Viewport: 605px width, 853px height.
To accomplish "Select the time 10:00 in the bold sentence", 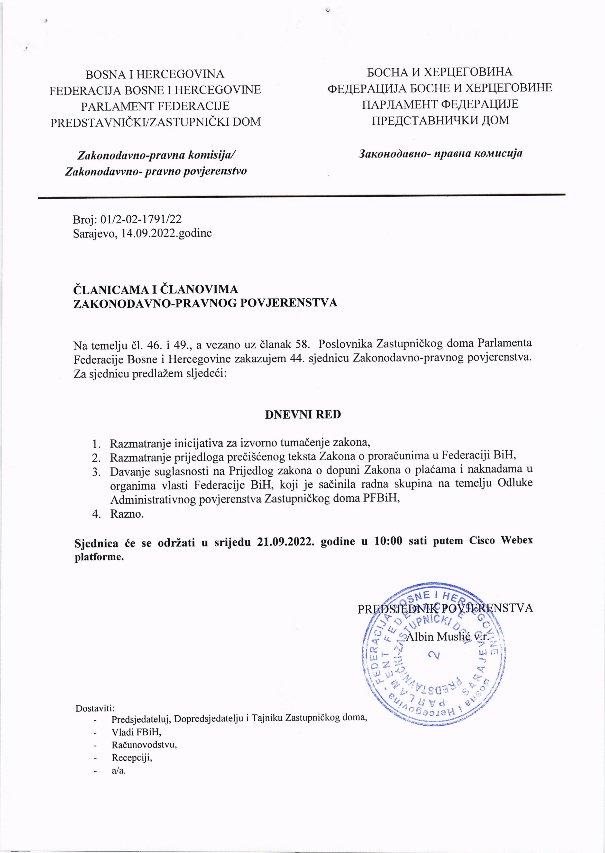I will (388, 541).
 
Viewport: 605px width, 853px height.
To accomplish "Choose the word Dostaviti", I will (95, 708).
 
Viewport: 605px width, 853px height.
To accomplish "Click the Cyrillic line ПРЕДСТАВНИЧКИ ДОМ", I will (440, 120).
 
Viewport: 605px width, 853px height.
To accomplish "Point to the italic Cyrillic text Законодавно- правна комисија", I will (440, 153).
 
